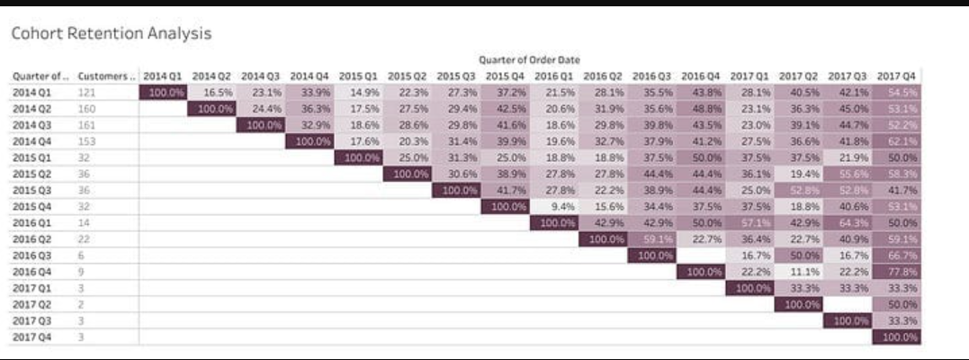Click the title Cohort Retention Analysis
point(111,34)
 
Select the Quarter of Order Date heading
point(529,60)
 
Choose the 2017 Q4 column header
point(897,76)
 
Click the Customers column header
point(106,76)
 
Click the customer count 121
point(87,92)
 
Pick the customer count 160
point(87,108)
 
